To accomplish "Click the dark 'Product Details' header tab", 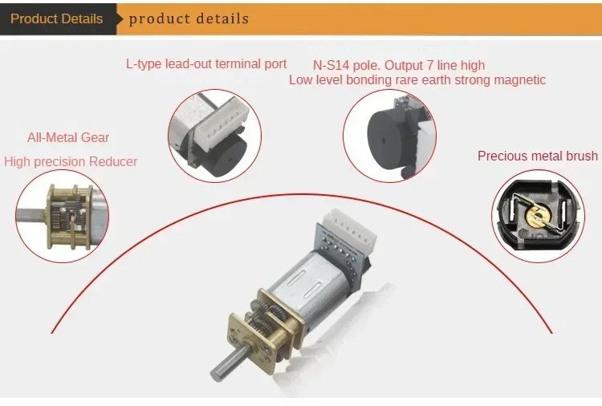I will (x=56, y=18).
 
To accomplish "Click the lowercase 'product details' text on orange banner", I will (x=189, y=18).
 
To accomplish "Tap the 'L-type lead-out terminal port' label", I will (x=206, y=63).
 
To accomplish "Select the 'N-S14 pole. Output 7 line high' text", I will (x=399, y=65).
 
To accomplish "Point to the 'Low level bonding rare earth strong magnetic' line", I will (x=417, y=79).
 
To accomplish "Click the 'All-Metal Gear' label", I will (x=68, y=137).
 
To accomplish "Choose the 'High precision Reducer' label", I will (x=71, y=161).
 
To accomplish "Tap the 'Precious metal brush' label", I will (x=538, y=156).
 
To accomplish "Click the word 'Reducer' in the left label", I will (x=113, y=161).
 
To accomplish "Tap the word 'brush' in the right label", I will (x=580, y=156).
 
